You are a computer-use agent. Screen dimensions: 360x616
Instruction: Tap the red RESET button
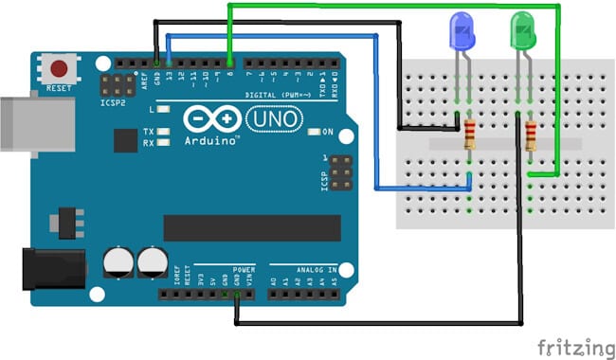point(60,69)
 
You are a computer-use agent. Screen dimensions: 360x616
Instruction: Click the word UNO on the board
point(274,119)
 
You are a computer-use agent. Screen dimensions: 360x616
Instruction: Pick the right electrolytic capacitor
point(153,261)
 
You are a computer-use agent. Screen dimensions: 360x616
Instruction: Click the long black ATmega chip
point(251,227)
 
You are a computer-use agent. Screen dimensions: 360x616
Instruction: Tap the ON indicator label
point(328,132)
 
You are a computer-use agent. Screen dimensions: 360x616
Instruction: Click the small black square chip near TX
point(125,140)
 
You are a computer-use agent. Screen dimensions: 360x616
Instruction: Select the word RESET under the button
point(59,88)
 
